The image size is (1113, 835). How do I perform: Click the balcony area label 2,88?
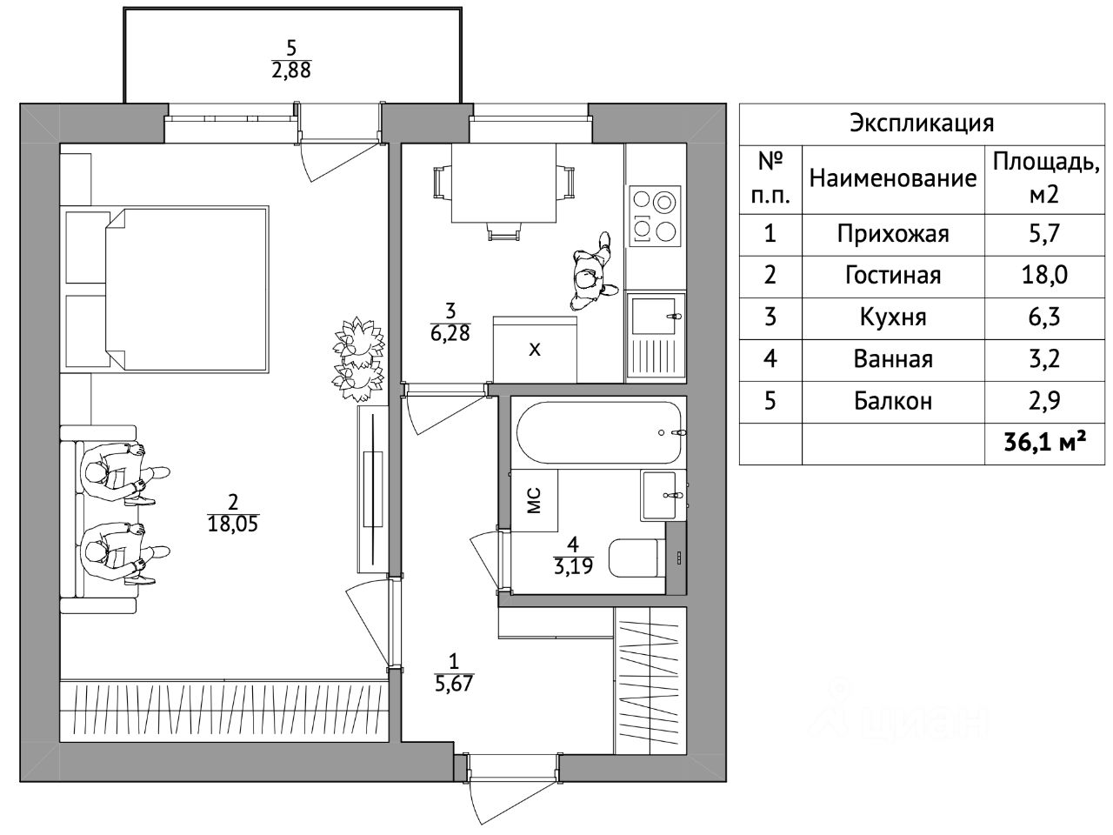click(x=291, y=70)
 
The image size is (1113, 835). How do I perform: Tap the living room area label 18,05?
click(x=233, y=524)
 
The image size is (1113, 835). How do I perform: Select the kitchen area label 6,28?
click(x=450, y=333)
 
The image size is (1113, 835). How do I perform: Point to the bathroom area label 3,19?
click(x=574, y=565)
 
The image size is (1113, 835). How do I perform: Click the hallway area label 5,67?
click(x=454, y=684)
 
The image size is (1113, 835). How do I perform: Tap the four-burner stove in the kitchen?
click(x=655, y=216)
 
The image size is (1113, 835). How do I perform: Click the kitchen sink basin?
click(x=654, y=317)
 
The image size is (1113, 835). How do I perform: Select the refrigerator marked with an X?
click(x=535, y=350)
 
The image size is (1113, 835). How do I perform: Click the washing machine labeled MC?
click(x=534, y=500)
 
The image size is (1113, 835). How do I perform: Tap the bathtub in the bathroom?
click(x=599, y=432)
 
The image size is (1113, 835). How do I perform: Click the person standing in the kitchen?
click(x=592, y=272)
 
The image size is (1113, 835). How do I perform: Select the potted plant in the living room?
click(x=358, y=359)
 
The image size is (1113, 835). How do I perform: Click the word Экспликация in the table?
click(x=922, y=124)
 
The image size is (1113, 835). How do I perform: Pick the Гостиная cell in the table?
click(x=893, y=276)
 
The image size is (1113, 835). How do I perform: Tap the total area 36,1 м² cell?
click(x=1044, y=444)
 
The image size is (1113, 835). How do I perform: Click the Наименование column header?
click(x=893, y=178)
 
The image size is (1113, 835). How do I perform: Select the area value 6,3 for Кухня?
click(x=1044, y=317)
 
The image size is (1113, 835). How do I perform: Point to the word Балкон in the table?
click(x=893, y=401)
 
